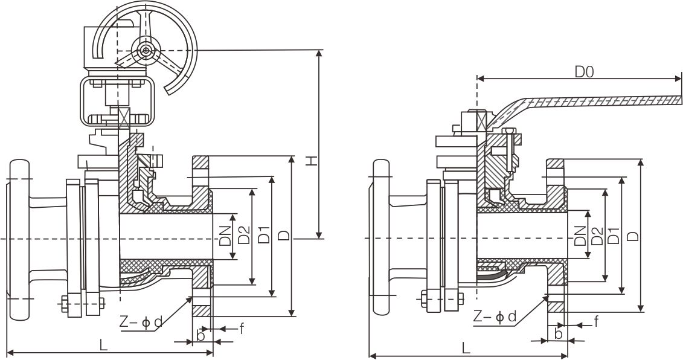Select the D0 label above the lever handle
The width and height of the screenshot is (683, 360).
point(583,72)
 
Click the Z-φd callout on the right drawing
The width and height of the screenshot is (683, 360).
point(495,316)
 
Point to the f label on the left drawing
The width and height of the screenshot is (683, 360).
point(242,328)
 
